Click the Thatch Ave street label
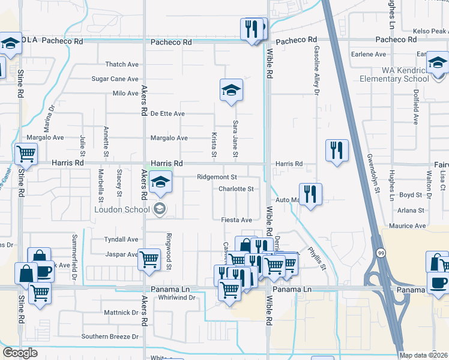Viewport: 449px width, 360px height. tap(122, 64)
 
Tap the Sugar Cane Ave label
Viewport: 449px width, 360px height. tap(115, 79)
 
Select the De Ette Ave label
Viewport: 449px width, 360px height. tap(167, 113)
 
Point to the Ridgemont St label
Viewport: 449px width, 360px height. tap(217, 177)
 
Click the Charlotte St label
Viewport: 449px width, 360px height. tap(236, 188)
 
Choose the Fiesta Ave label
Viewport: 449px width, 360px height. tap(237, 220)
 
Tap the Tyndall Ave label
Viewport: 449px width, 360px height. tap(121, 239)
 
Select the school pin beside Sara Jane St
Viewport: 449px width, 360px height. tap(231, 91)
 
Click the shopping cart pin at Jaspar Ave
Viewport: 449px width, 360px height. tap(149, 259)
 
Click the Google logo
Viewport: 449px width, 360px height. tap(20, 353)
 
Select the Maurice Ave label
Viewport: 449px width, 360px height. tap(407, 226)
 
